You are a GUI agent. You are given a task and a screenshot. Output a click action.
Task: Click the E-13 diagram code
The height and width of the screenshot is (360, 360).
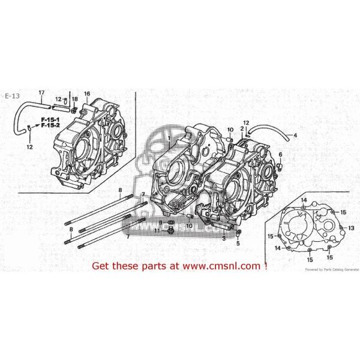11,96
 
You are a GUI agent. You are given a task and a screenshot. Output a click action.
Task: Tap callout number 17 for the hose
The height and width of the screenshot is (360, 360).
41,92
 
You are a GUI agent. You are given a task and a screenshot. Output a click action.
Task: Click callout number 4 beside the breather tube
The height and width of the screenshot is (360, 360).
295,136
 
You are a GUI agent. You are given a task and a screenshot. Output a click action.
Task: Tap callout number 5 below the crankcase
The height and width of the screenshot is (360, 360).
238,244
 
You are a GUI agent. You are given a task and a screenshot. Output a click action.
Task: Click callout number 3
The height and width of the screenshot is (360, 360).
223,238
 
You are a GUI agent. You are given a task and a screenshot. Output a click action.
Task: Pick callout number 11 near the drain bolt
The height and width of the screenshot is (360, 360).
156,230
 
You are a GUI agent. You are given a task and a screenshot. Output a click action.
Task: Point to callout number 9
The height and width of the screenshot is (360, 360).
160,222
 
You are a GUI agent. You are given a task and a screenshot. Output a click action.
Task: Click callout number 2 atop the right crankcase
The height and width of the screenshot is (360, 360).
242,128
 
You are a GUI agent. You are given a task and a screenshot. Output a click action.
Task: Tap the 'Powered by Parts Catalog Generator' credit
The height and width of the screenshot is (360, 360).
331,269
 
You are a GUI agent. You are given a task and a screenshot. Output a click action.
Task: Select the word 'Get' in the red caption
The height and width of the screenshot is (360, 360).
100,265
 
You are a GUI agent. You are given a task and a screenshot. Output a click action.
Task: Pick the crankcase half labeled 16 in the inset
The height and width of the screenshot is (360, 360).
93,144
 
